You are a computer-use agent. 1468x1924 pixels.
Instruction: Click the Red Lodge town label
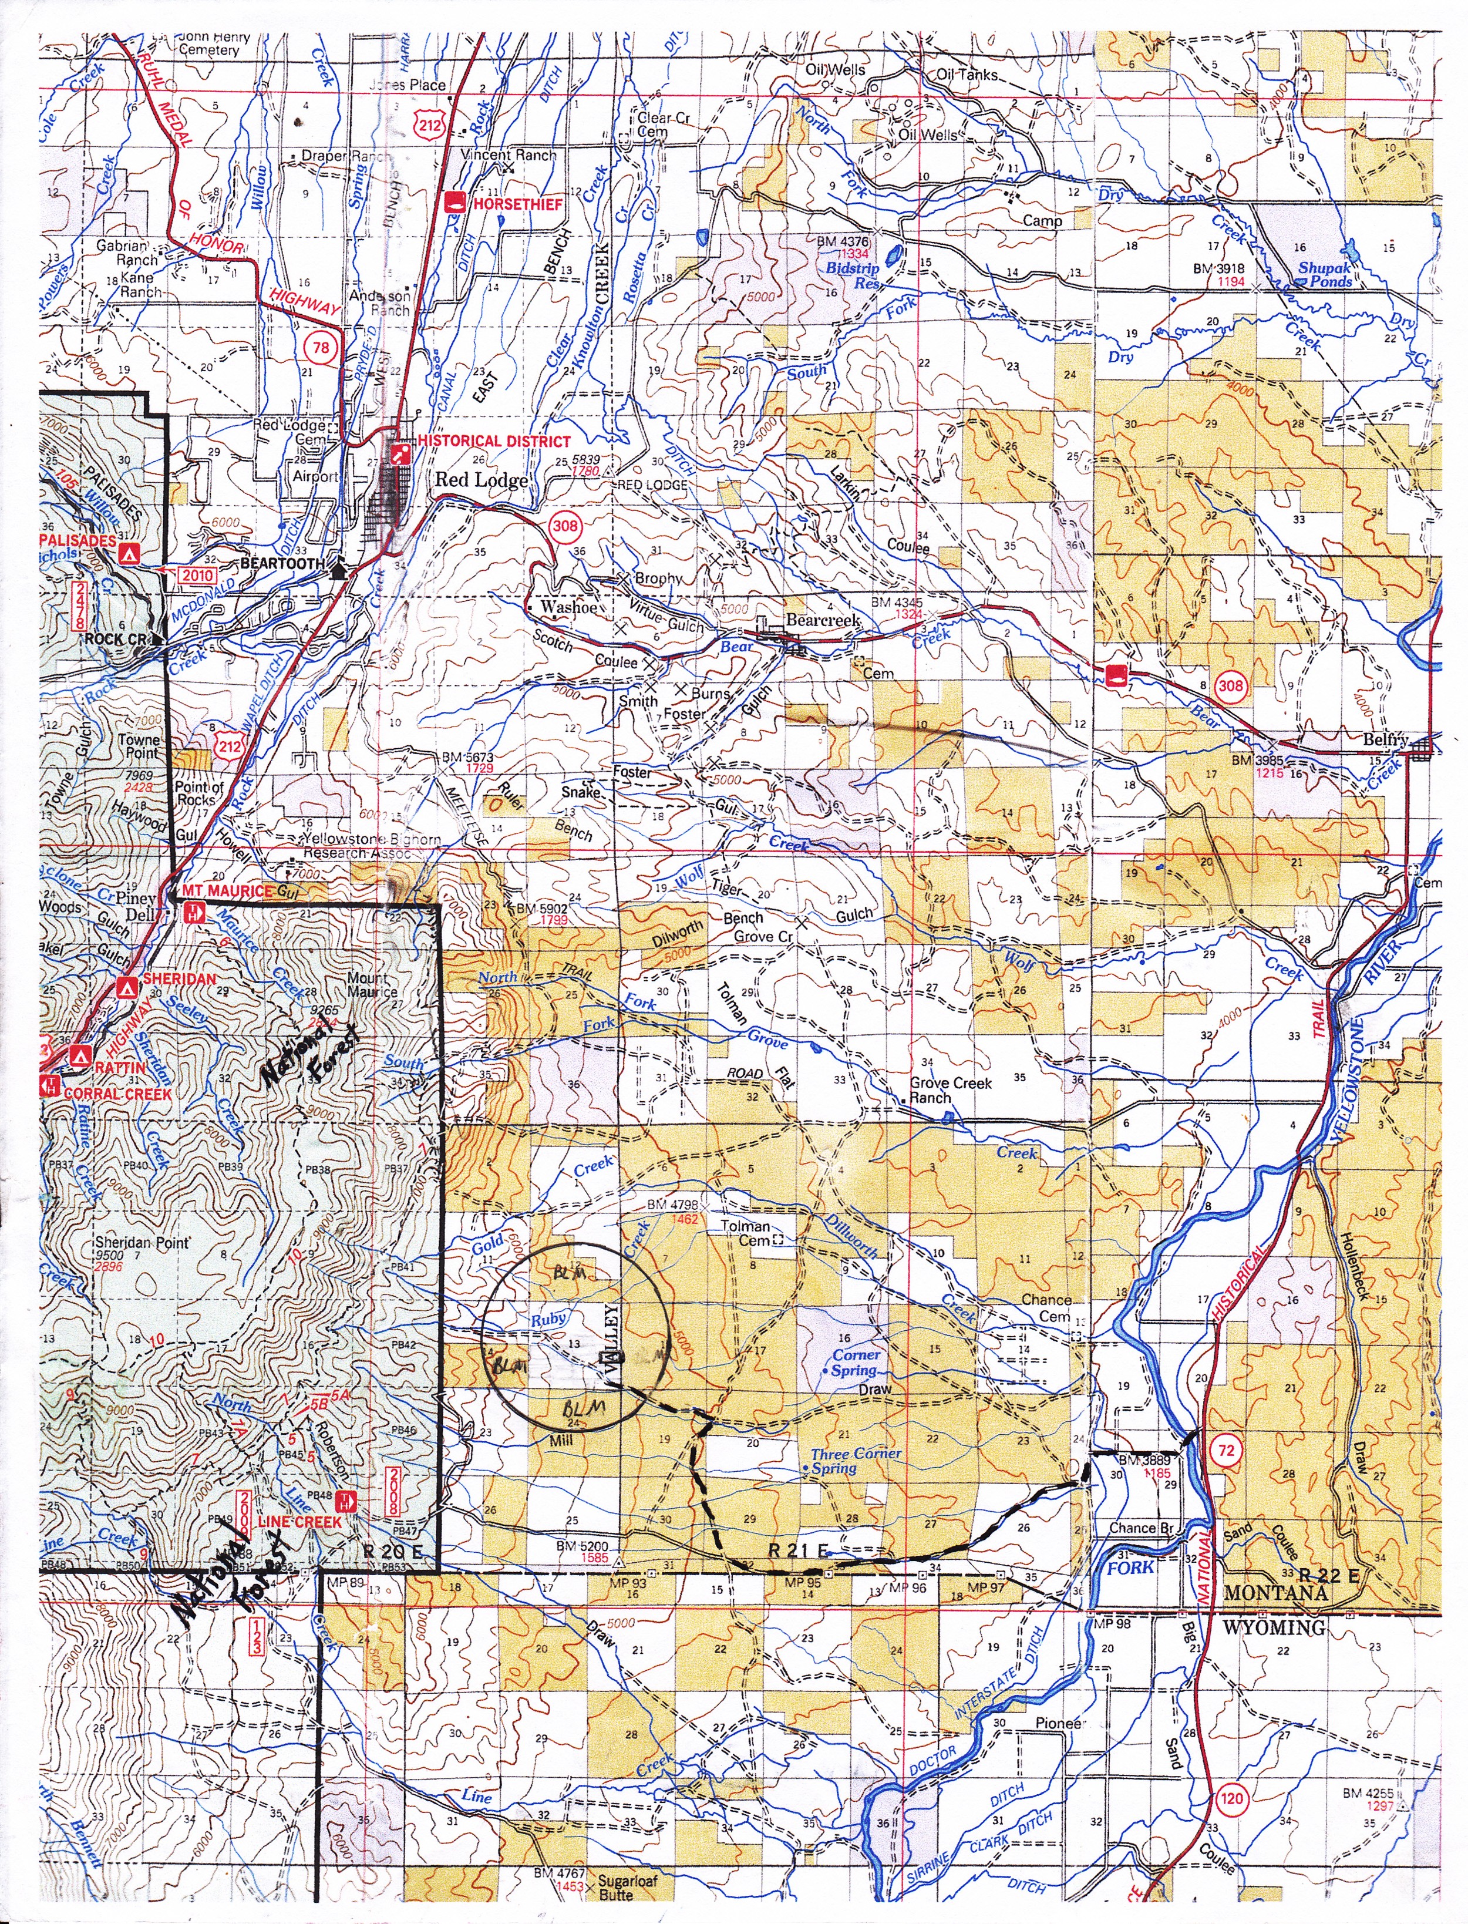pyautogui.click(x=482, y=480)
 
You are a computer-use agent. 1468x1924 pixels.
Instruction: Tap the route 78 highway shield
pyautogui.click(x=322, y=348)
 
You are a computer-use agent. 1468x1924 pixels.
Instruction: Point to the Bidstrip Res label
pyautogui.click(x=853, y=276)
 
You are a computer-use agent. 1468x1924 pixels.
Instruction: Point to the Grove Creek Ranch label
pyautogui.click(x=951, y=1089)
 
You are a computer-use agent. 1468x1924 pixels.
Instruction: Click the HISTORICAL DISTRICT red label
pyautogui.click(x=494, y=441)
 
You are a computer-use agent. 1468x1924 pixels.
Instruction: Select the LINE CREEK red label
pyautogui.click(x=299, y=1521)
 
